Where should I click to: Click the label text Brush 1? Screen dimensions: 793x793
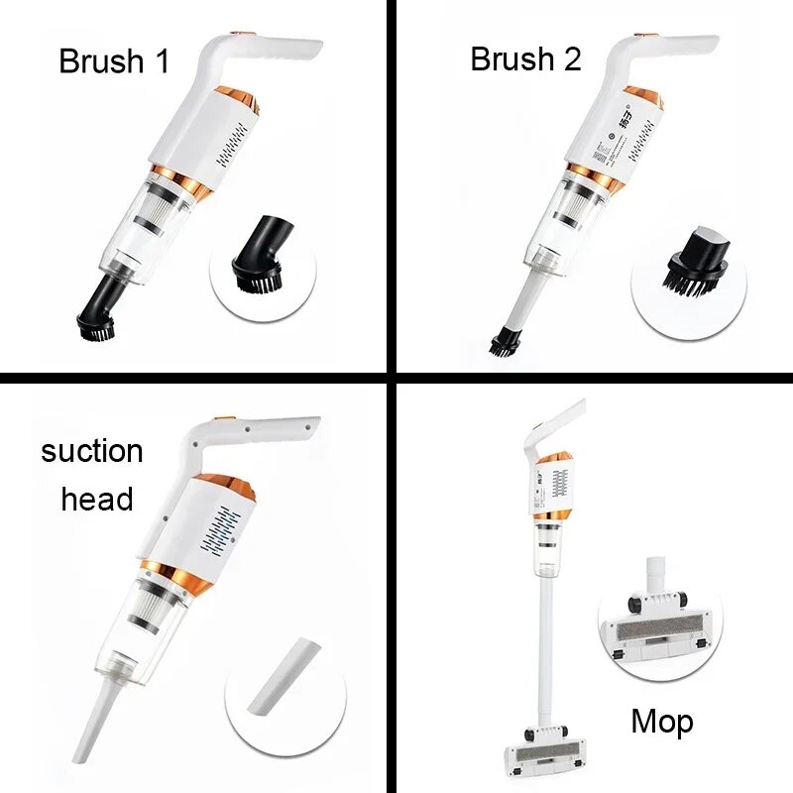[114, 61]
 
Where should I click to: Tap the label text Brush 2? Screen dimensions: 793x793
[525, 59]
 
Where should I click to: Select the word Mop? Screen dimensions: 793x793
[662, 722]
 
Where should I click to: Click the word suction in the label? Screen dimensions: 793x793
[92, 452]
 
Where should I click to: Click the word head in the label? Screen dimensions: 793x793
[97, 499]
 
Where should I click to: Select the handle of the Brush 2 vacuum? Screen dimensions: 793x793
[674, 47]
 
